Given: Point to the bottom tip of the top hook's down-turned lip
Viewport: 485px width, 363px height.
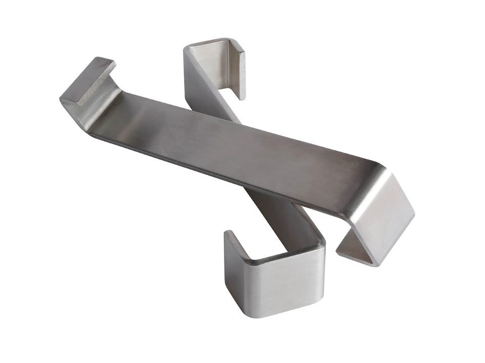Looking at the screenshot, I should pos(241,97).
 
